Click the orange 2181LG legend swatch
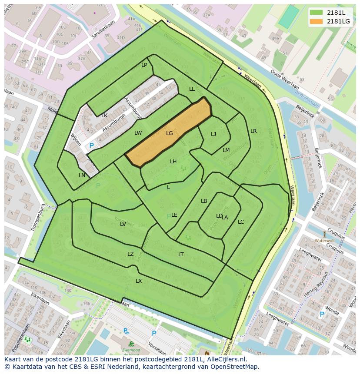pyautogui.click(x=317, y=21)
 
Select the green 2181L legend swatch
pyautogui.click(x=317, y=13)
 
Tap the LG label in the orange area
pyautogui.click(x=170, y=133)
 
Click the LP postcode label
pyautogui.click(x=144, y=65)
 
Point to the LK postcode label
pyautogui.click(x=104, y=116)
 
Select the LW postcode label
pyautogui.click(x=138, y=133)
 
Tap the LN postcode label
pyautogui.click(x=82, y=175)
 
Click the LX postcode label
pyautogui.click(x=139, y=281)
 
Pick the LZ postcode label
pyautogui.click(x=130, y=254)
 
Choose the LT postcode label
pyautogui.click(x=181, y=255)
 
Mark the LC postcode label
pyautogui.click(x=241, y=222)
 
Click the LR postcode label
pyautogui.click(x=253, y=131)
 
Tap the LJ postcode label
pyautogui.click(x=213, y=134)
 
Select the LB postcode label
pyautogui.click(x=204, y=201)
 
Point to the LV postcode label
pyautogui.click(x=123, y=224)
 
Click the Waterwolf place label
pyautogui.click(x=324, y=240)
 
